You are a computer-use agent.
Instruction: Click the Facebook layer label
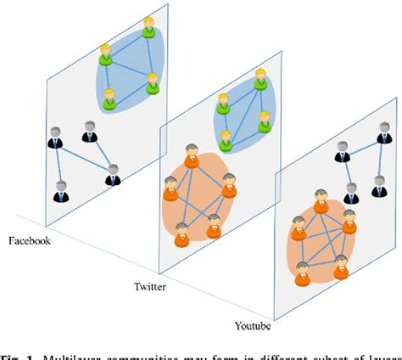pyautogui.click(x=30, y=242)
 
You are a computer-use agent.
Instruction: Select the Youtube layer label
pyautogui.click(x=254, y=324)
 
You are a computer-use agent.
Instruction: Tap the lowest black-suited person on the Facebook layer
pyautogui.click(x=59, y=192)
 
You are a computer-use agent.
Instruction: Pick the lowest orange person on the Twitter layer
pyautogui.click(x=181, y=233)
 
